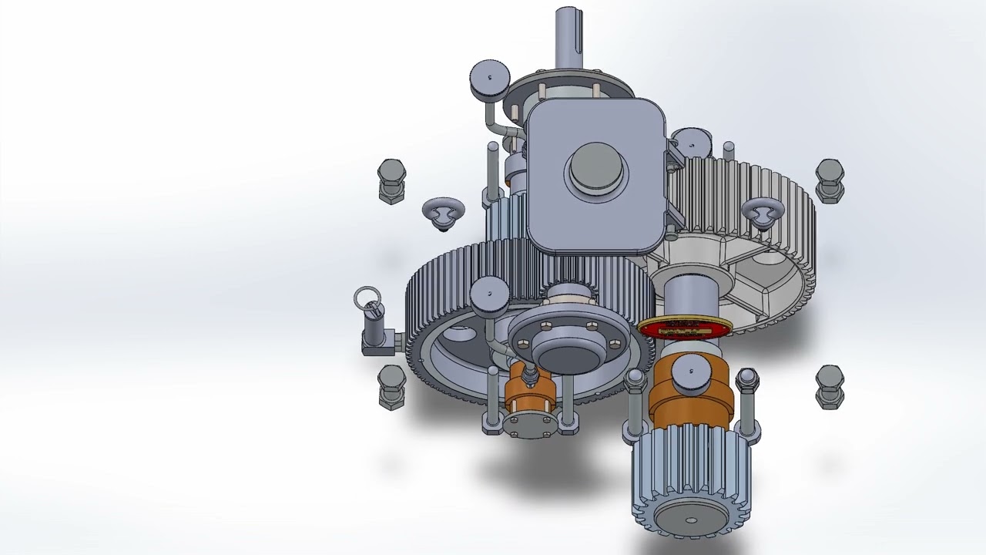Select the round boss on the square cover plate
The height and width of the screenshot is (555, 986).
595,170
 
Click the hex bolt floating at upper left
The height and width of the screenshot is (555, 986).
392,180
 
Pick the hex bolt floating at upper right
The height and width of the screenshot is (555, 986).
830,180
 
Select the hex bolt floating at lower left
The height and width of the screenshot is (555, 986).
392,385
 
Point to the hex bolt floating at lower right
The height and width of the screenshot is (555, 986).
830,386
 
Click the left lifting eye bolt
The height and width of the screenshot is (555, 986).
444,213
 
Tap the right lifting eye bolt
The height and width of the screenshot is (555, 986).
763,212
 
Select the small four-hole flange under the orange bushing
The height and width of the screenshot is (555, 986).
528,425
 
